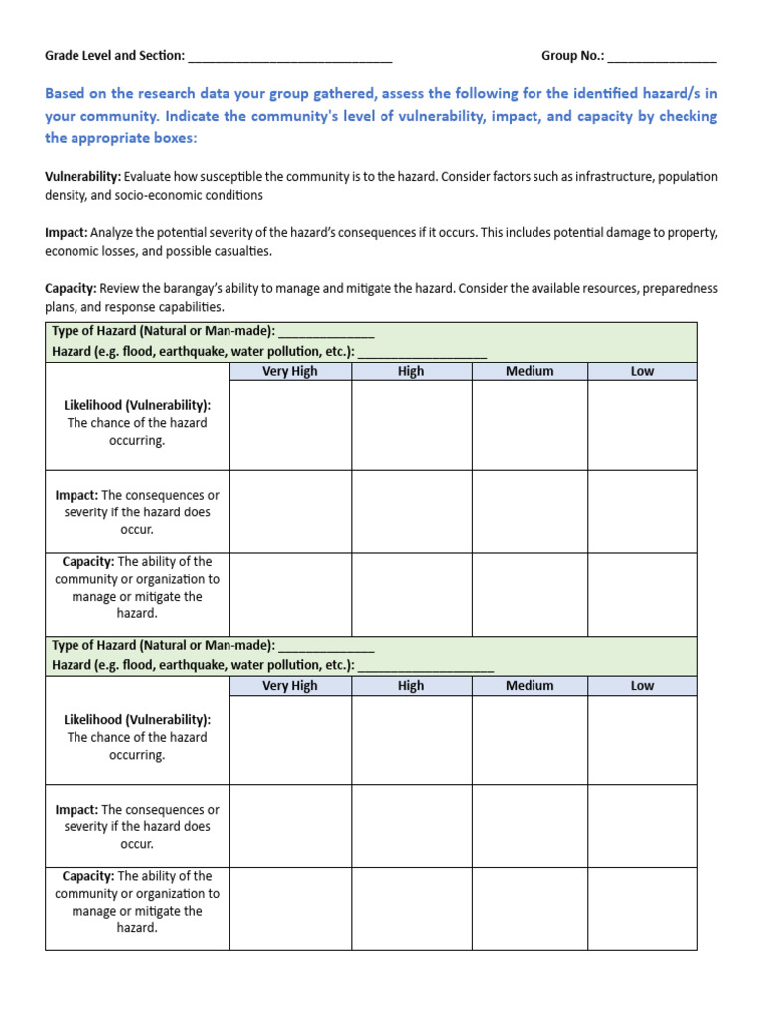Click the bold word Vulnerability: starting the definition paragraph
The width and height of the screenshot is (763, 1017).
click(82, 176)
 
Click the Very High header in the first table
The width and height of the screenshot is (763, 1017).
click(290, 371)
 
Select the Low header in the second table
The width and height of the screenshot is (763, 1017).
click(642, 685)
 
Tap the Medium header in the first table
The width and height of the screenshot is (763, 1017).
click(530, 371)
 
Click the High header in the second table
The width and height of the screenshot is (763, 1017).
click(410, 685)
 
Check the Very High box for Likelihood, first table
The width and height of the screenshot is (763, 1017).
click(290, 425)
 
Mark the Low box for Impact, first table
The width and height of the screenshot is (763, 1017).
click(642, 511)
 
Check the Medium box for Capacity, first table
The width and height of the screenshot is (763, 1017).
click(530, 594)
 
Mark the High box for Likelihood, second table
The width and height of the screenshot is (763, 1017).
click(410, 740)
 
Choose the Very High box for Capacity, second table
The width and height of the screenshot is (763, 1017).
click(290, 909)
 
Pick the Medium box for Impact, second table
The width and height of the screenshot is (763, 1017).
click(530, 826)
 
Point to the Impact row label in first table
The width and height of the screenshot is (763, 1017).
click(137, 511)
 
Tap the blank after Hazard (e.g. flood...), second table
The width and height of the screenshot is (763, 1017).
click(425, 665)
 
